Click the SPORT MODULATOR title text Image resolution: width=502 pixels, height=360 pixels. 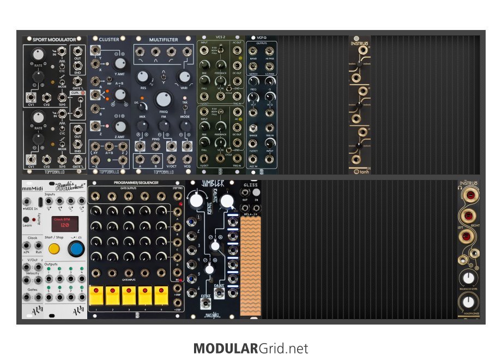tap(55, 40)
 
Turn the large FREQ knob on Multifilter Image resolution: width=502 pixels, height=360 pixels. tap(163, 100)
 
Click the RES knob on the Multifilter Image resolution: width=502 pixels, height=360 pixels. tap(143, 77)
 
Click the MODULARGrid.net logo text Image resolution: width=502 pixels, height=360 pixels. tap(251, 348)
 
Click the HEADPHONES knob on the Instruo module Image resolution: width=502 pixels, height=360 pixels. tap(467, 302)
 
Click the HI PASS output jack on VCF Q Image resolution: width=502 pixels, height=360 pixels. tap(269, 51)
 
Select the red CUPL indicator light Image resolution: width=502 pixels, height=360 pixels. tap(83, 93)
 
